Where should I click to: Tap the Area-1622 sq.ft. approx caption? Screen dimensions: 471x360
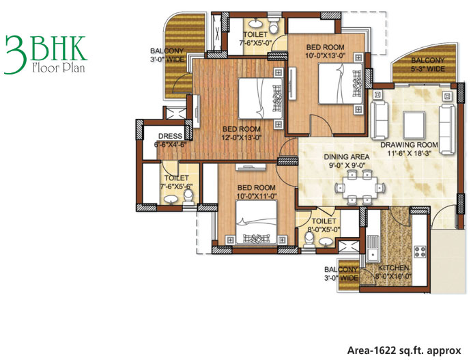(x=404, y=350)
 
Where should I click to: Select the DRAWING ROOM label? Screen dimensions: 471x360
(x=409, y=145)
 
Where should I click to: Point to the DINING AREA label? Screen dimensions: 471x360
(x=347, y=157)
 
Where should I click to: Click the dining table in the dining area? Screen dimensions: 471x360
(x=360, y=187)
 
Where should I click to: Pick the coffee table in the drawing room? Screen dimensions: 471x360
(x=414, y=124)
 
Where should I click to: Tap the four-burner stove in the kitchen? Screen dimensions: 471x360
(x=420, y=252)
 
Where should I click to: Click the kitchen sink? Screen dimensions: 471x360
(x=373, y=249)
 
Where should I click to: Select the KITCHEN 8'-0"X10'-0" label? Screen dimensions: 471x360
(x=393, y=273)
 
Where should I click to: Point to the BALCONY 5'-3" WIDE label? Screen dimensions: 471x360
(x=428, y=65)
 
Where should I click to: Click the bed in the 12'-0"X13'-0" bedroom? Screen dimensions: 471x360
(x=261, y=98)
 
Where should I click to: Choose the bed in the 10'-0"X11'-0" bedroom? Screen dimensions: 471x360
(x=256, y=222)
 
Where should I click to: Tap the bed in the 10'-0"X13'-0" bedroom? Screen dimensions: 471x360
(x=341, y=83)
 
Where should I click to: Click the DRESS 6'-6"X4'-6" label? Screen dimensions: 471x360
(x=171, y=140)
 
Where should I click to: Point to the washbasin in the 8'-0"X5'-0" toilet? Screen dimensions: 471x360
(x=326, y=241)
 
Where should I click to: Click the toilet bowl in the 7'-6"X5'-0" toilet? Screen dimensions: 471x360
(x=274, y=26)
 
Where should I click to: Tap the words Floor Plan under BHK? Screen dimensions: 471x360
(x=59, y=68)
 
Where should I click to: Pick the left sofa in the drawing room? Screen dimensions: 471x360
(x=380, y=120)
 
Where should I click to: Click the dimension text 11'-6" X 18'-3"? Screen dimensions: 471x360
(x=409, y=153)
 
